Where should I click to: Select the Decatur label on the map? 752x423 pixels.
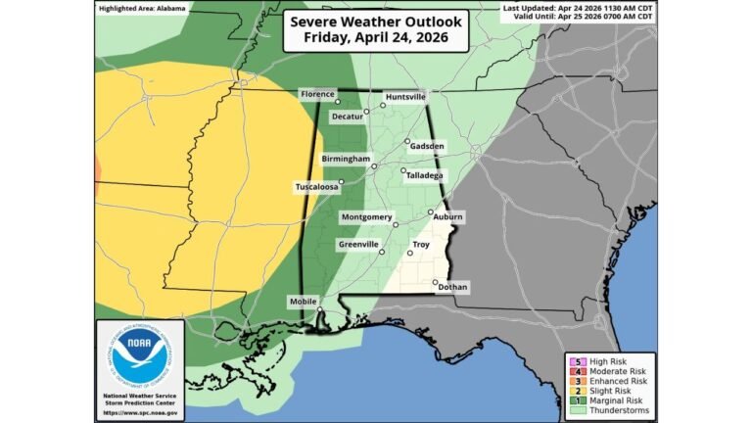(x=348, y=117)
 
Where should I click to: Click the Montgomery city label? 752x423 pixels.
(x=367, y=216)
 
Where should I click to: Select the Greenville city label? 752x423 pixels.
(x=358, y=244)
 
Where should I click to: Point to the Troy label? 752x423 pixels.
(x=421, y=245)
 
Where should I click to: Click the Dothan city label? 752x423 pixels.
(x=453, y=287)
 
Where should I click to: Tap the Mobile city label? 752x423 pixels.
(x=304, y=302)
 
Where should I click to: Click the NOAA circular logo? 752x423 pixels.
(x=140, y=357)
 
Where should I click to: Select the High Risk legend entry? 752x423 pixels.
(x=611, y=359)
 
